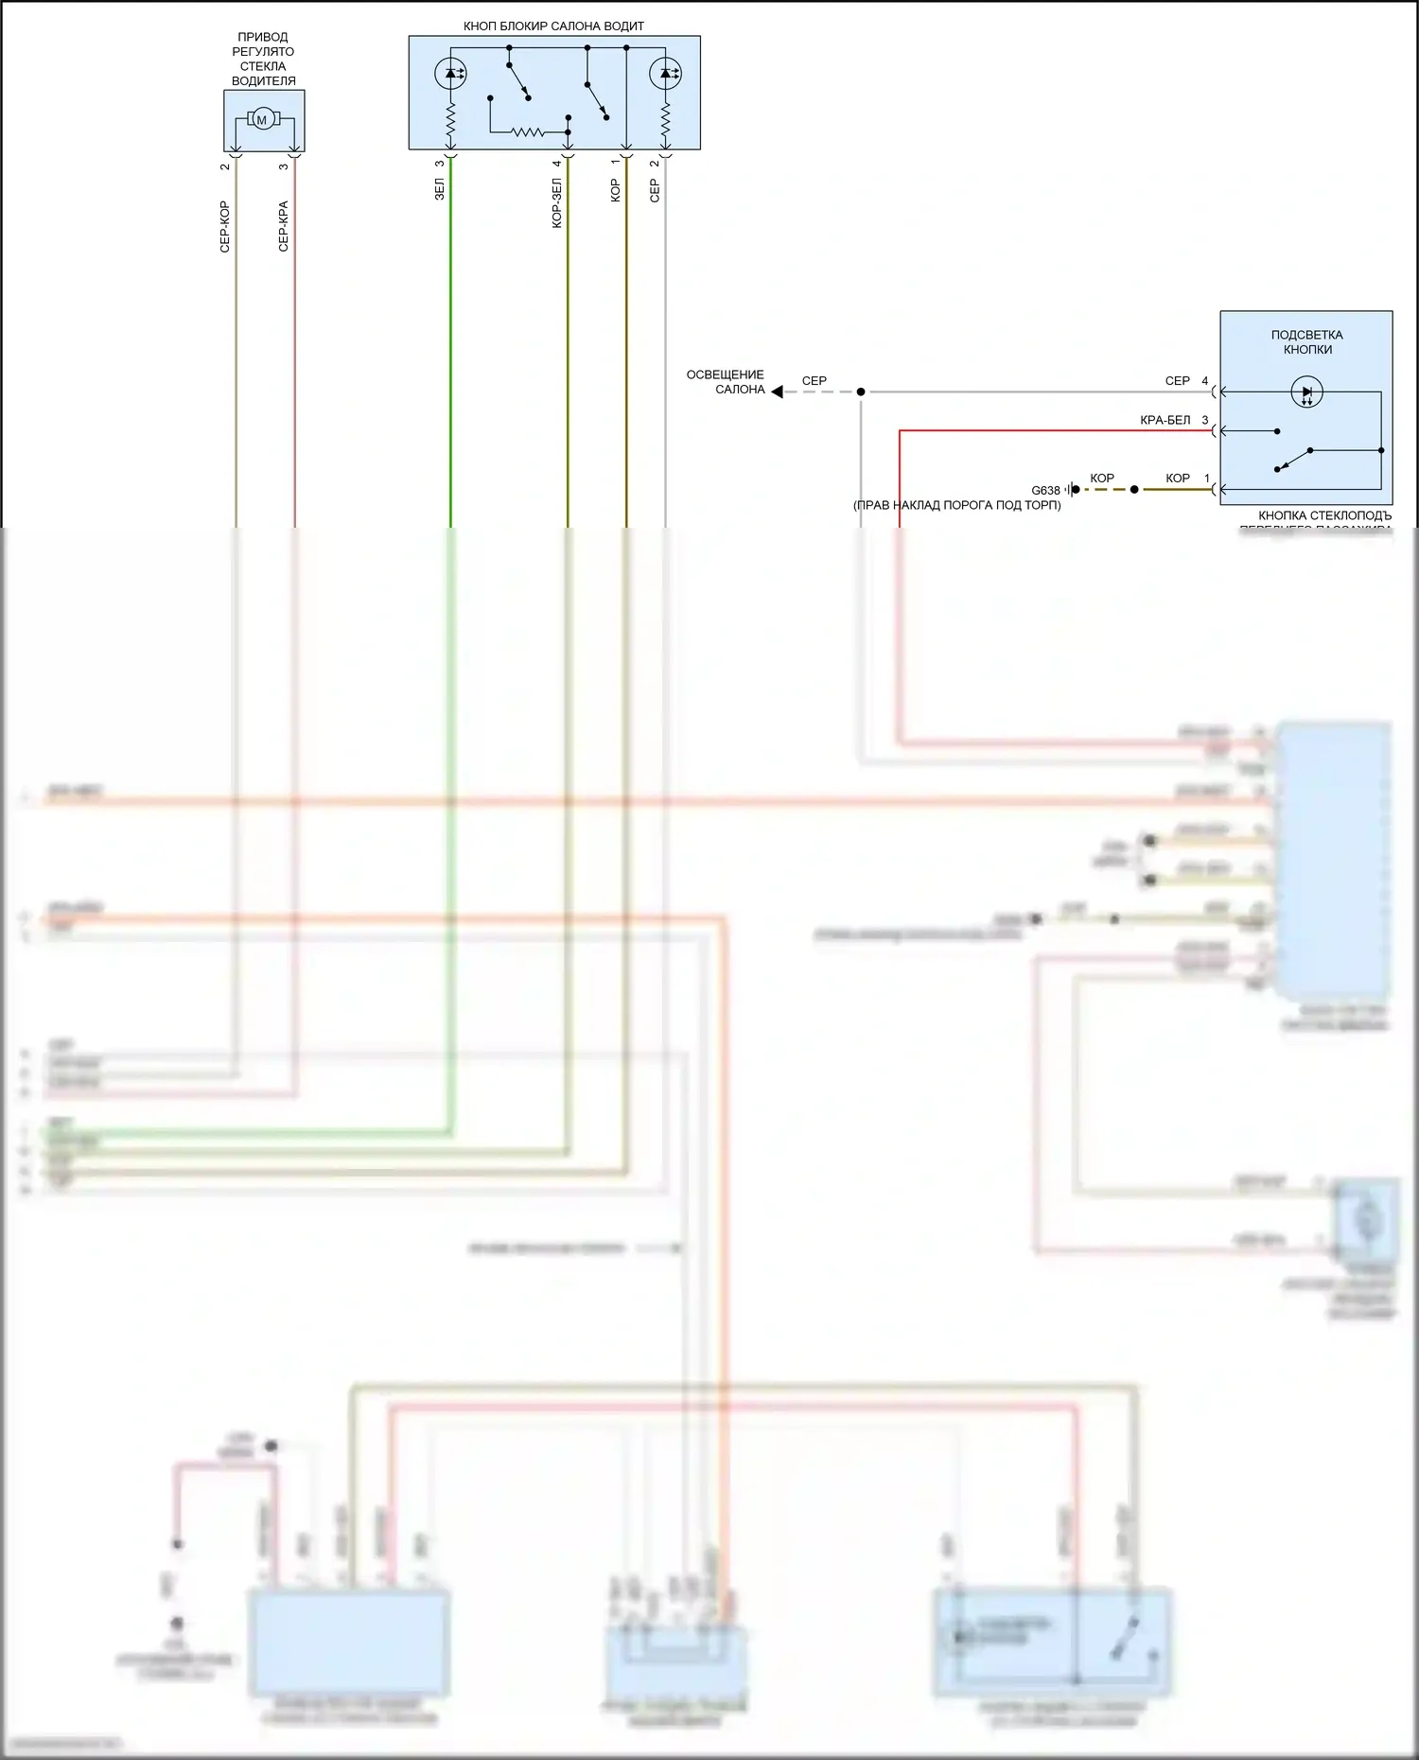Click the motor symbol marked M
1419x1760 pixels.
[262, 119]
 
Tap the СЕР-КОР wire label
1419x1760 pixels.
[225, 227]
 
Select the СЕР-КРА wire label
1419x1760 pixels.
[284, 227]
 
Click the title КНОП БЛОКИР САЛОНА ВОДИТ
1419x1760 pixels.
[553, 26]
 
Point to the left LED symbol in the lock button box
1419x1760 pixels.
[450, 73]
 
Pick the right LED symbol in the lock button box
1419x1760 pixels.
[665, 73]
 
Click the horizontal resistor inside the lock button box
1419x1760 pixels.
[529, 131]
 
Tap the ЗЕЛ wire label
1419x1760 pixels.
[439, 190]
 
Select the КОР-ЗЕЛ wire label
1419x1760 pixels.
[557, 203]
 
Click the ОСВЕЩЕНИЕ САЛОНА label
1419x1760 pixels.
[726, 382]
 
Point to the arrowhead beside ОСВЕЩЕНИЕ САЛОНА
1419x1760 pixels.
[777, 392]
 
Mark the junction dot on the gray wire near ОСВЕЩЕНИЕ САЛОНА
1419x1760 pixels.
[861, 392]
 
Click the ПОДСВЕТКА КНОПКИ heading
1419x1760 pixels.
[1306, 342]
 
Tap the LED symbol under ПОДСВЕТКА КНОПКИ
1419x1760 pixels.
[1306, 392]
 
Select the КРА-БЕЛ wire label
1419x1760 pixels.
[1165, 420]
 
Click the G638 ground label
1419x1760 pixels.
[1045, 490]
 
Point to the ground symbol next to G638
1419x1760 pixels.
[1070, 490]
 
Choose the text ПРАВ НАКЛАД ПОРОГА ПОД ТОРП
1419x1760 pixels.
[956, 505]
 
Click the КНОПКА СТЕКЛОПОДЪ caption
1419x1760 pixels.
[1324, 516]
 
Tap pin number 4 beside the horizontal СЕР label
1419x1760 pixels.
[1205, 381]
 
